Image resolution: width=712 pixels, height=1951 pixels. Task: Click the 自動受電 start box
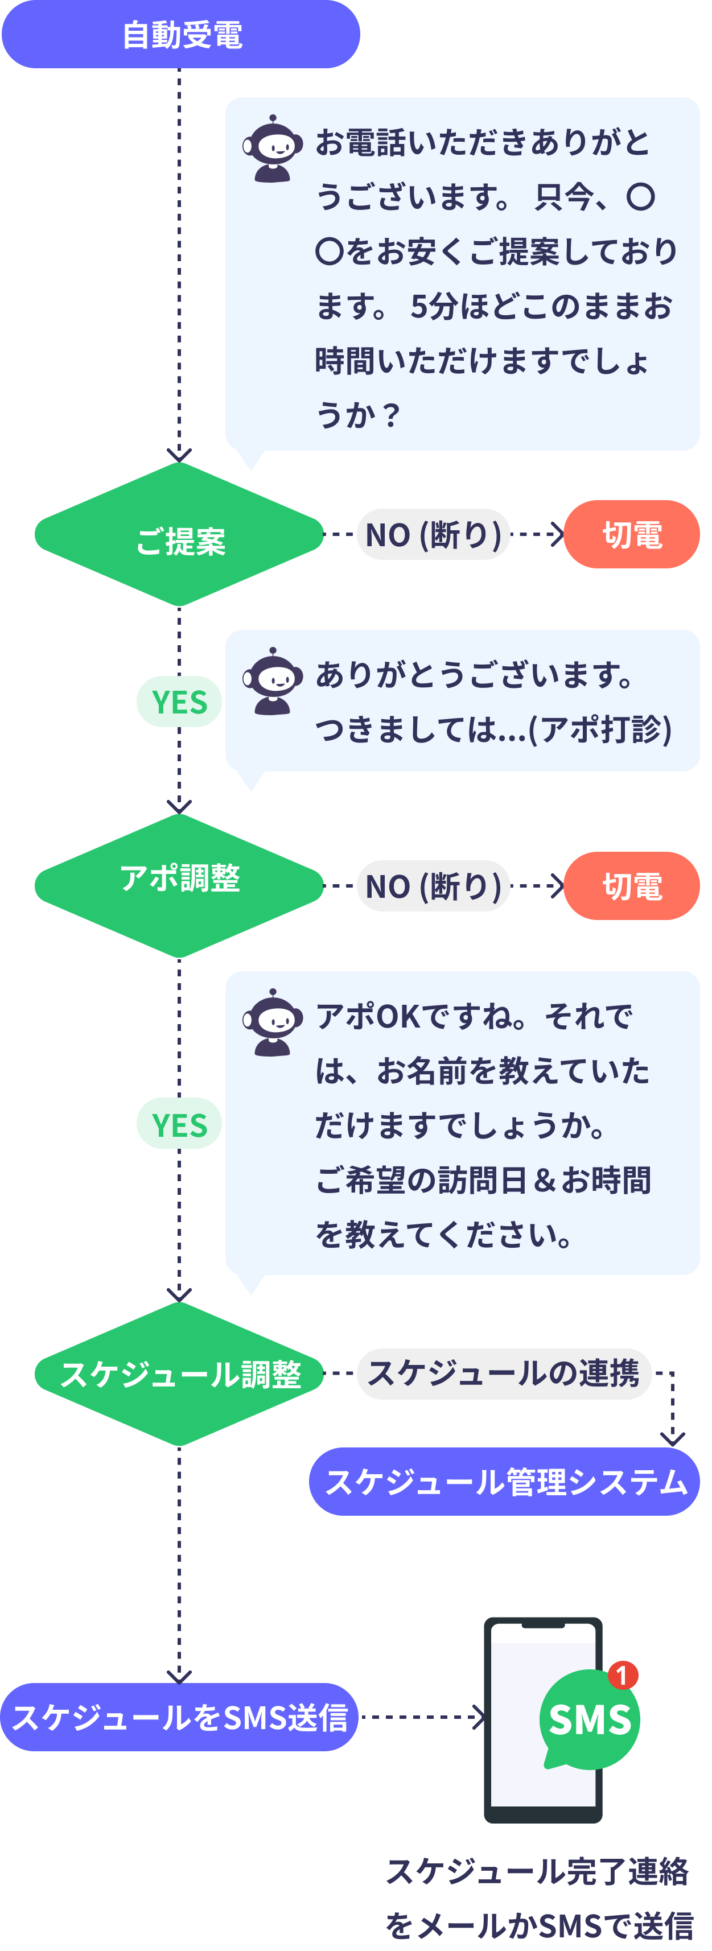pos(180,35)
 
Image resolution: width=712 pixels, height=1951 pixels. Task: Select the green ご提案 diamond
pos(179,535)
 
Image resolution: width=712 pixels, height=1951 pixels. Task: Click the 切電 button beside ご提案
pos(631,535)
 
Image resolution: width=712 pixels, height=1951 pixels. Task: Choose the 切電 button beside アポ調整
pos(631,886)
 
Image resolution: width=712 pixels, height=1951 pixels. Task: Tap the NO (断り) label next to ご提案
pos(433,535)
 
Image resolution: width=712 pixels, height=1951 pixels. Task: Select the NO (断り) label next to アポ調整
pos(433,886)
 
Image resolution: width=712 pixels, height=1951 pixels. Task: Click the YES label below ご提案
pos(179,702)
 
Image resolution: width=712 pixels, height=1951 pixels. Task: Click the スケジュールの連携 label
pos(504,1373)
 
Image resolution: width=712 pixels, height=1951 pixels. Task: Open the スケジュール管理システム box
pos(504,1482)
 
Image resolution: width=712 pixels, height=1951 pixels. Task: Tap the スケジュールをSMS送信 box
pos(179,1717)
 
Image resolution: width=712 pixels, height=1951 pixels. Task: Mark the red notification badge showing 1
pos(623,1675)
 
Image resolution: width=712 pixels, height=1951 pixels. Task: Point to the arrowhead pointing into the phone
pos(479,1717)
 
